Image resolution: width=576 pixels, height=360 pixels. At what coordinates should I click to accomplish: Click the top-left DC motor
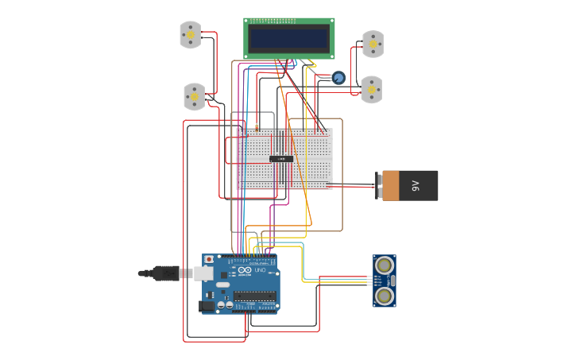(191, 35)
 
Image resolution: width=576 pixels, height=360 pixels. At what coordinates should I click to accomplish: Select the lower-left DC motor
(195, 97)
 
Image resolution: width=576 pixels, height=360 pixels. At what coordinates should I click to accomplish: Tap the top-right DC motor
(373, 45)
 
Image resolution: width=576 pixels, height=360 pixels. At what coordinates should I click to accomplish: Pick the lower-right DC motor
(371, 90)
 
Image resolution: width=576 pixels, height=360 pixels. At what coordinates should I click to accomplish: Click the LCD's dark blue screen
(288, 38)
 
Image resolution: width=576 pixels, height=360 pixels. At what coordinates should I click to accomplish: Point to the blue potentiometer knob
(338, 78)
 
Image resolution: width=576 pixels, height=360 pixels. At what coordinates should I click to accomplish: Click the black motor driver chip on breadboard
(281, 159)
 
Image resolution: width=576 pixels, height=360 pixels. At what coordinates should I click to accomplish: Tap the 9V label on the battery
(415, 186)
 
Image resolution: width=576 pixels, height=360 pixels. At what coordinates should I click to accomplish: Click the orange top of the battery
(390, 186)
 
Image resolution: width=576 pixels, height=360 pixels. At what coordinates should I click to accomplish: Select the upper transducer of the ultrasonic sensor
(385, 265)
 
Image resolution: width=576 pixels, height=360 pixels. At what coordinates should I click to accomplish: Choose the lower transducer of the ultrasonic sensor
(385, 296)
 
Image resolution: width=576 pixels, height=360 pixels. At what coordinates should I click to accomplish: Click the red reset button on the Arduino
(209, 260)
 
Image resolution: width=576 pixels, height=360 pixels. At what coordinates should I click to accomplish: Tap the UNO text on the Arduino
(260, 270)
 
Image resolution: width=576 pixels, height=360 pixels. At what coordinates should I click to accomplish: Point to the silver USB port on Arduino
(203, 273)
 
